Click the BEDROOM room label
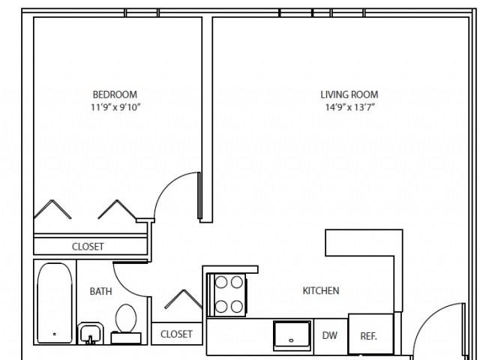(x=115, y=94)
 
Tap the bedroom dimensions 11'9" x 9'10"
(x=115, y=107)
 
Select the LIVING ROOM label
(x=349, y=94)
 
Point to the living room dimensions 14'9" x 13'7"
(x=350, y=107)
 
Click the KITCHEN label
(x=321, y=290)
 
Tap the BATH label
(x=100, y=291)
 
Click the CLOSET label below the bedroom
(x=88, y=247)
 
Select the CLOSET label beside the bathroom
(x=176, y=334)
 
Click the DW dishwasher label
(x=330, y=335)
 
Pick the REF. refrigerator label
(x=368, y=336)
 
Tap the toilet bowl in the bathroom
(x=126, y=318)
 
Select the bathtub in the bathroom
(x=55, y=303)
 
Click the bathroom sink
(x=90, y=334)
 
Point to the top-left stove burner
(x=221, y=282)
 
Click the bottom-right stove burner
(x=237, y=307)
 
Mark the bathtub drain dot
(x=55, y=334)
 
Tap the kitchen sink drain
(x=291, y=340)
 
